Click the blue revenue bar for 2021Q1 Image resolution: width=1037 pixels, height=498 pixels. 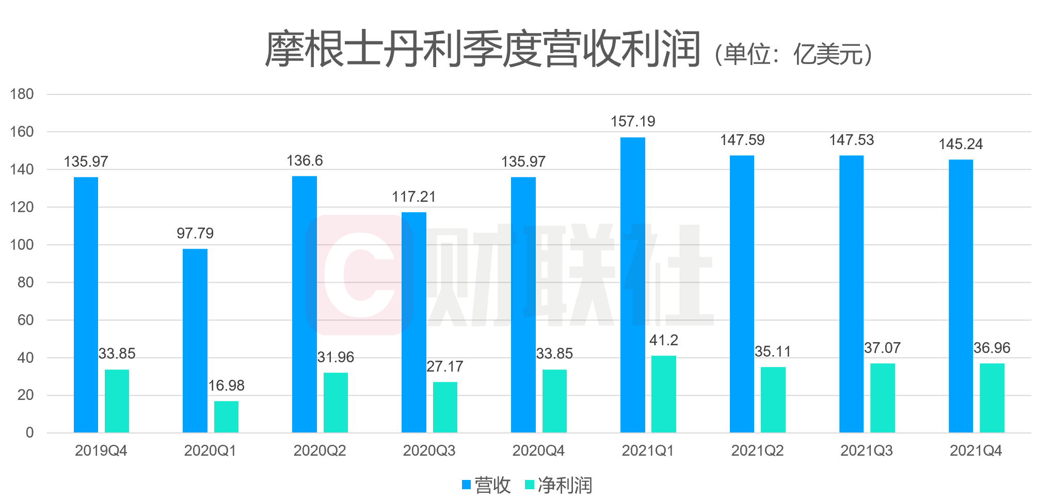[x=632, y=285]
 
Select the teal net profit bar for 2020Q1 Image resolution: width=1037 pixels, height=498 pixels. [x=226, y=416]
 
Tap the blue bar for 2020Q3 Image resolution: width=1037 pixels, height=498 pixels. [x=413, y=322]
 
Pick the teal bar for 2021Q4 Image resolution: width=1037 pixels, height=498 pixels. [x=992, y=398]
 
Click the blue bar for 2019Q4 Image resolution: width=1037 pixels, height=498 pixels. [x=86, y=304]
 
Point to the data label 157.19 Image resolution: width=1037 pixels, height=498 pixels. [x=632, y=122]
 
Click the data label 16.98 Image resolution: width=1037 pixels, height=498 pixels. [x=226, y=386]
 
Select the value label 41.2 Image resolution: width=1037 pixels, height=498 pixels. [x=663, y=341]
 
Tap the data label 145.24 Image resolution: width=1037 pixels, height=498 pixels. [x=960, y=144]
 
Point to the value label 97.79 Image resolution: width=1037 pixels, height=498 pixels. [x=195, y=234]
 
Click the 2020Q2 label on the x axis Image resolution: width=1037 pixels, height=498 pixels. [x=320, y=451]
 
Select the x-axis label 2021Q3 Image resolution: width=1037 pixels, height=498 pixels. [x=866, y=451]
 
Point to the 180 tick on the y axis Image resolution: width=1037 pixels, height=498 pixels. [x=22, y=94]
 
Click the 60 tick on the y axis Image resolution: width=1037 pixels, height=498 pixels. [x=25, y=320]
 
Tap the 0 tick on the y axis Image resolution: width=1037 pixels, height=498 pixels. [x=29, y=433]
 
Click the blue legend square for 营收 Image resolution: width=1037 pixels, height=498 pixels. [x=467, y=485]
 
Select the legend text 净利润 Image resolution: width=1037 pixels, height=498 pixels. [x=565, y=485]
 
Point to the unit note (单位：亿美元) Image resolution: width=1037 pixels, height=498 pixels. [x=793, y=55]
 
